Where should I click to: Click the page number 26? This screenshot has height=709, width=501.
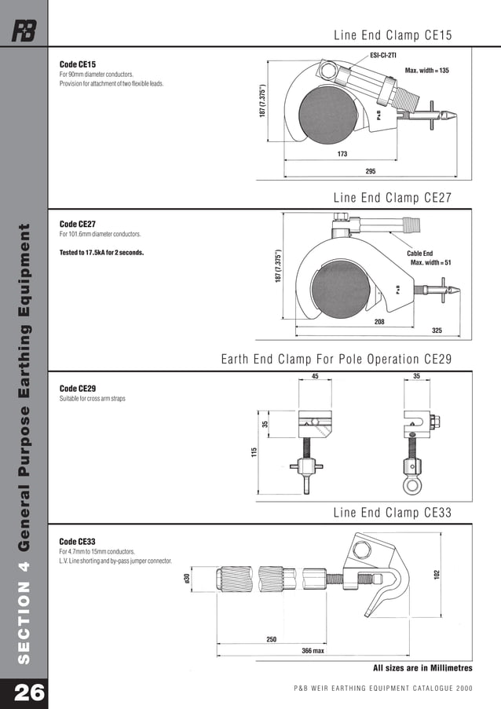tap(24, 691)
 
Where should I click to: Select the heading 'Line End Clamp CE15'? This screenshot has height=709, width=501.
tap(393, 35)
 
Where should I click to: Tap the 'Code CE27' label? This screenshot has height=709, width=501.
tap(78, 224)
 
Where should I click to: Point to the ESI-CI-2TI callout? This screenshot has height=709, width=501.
tap(383, 56)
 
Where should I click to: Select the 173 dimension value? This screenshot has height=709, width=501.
tap(342, 155)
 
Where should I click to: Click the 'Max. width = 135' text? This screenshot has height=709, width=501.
tap(426, 71)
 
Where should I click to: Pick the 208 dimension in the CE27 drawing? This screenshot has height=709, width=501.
tap(380, 321)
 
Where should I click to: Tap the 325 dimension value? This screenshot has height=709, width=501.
tap(437, 331)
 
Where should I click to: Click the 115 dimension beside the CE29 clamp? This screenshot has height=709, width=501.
tap(254, 453)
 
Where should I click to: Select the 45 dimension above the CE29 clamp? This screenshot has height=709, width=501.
tap(316, 375)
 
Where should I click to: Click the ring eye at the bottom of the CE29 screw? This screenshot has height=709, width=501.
tap(412, 484)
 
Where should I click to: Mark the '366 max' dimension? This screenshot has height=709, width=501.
tap(313, 651)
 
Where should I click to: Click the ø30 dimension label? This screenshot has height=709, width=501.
tap(187, 579)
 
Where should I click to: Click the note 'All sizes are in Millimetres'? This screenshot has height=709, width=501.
tap(422, 668)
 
